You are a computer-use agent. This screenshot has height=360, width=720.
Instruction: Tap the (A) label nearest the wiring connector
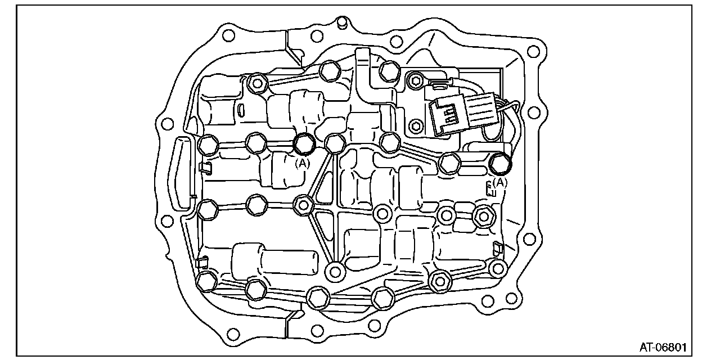(499, 182)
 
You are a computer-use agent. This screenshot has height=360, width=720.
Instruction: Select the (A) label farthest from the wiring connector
(303, 163)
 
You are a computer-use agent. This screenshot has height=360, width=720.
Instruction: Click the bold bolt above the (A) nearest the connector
(499, 163)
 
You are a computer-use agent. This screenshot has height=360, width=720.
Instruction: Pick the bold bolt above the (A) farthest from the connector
(304, 143)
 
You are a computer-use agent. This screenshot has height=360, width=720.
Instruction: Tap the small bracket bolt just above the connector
(415, 80)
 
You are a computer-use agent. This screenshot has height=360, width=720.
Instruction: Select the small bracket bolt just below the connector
(415, 124)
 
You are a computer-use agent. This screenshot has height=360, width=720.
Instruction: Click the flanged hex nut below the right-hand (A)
(484, 214)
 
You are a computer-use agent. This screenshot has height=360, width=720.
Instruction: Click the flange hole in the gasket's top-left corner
(227, 35)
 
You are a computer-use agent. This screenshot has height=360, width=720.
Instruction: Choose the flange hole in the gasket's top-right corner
(532, 52)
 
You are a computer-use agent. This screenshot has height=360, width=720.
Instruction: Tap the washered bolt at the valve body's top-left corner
(256, 83)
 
